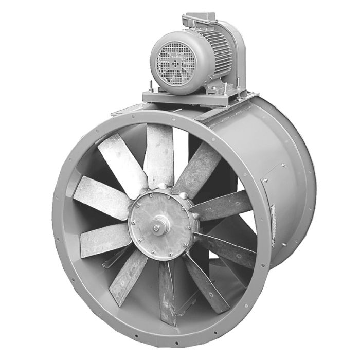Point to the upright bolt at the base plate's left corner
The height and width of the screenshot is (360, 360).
(x=148, y=88)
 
